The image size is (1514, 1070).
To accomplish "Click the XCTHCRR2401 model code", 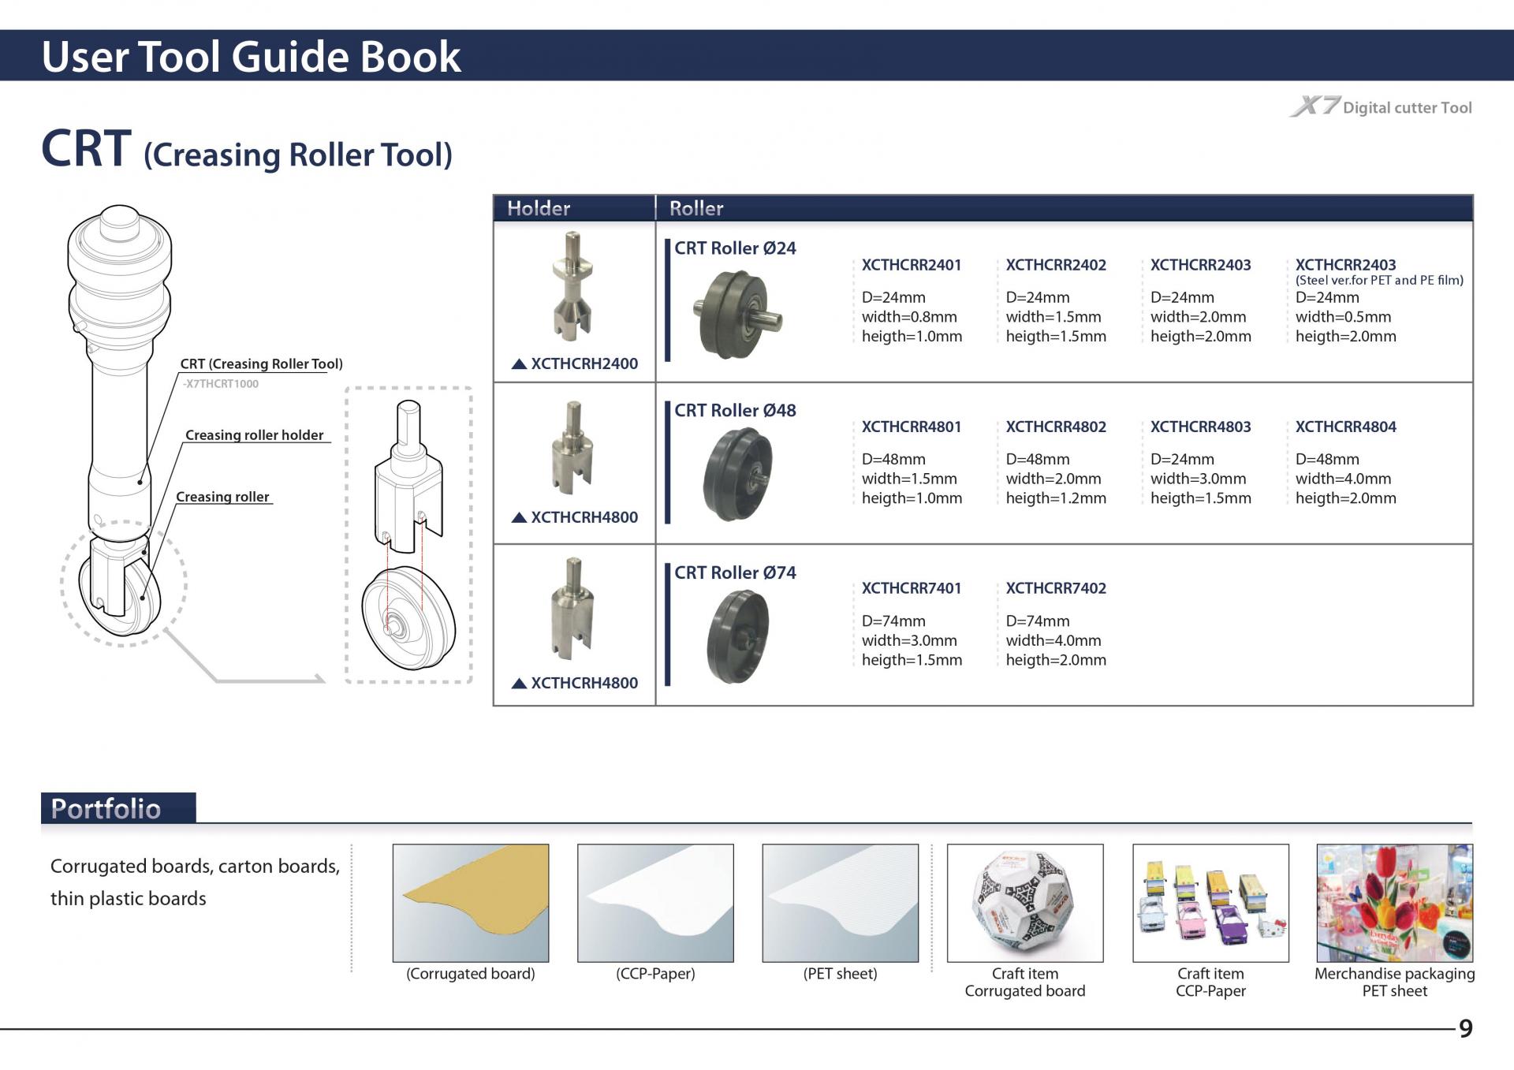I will [x=911, y=265].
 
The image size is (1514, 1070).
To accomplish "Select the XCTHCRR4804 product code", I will [x=1345, y=427].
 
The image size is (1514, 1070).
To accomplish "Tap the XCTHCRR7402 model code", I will [x=1056, y=588].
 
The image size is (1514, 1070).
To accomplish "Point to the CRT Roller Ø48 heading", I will [x=735, y=410].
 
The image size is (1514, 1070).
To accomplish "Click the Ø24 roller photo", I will [x=736, y=314].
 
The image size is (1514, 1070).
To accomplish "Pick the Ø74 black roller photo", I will [x=737, y=636].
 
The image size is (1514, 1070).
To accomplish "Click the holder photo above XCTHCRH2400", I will [x=573, y=285].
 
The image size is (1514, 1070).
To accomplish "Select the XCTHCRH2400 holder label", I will [x=584, y=364].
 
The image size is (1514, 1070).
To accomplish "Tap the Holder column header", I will [x=539, y=208].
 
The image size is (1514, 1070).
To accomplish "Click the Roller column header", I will [x=696, y=208].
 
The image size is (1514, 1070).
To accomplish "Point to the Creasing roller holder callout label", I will [x=254, y=435].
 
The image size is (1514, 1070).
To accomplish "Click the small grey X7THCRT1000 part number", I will [x=221, y=384].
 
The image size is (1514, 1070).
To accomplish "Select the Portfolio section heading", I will [x=106, y=809].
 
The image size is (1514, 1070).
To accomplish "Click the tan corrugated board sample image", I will [x=471, y=903].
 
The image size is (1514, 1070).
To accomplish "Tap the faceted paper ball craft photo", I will [x=1024, y=903].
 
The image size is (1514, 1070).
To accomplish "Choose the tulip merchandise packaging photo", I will [x=1394, y=903].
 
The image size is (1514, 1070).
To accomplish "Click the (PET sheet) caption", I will [x=840, y=974].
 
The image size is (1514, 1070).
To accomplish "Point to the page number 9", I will [x=1465, y=1028].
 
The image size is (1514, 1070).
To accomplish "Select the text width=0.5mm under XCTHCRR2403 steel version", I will [x=1343, y=317].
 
